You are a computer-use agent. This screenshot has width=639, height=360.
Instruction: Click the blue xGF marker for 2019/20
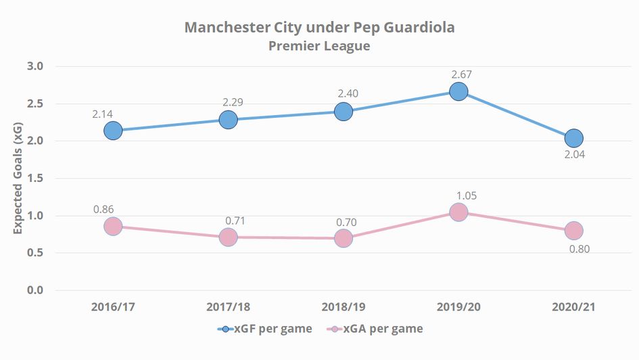[458, 91]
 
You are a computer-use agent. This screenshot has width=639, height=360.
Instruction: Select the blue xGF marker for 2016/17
[113, 131]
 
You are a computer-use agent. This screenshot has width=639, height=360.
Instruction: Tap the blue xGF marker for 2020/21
[573, 138]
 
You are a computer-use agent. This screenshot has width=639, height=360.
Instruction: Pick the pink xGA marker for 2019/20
[458, 212]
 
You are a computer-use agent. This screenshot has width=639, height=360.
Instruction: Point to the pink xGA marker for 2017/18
[228, 237]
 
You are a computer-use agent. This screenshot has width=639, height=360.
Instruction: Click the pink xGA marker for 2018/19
[344, 238]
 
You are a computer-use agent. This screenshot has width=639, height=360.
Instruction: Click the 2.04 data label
[574, 154]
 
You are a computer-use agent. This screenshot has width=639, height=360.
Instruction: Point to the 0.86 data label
[103, 208]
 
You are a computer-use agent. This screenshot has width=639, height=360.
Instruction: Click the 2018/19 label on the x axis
[344, 307]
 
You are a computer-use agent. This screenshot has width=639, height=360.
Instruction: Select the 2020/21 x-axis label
[573, 307]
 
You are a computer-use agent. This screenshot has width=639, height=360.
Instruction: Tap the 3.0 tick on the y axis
[34, 66]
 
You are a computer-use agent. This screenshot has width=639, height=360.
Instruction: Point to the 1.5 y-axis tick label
[34, 179]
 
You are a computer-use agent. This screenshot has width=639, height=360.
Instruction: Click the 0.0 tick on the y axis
[34, 290]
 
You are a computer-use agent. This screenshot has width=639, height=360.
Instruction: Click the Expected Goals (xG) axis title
[18, 179]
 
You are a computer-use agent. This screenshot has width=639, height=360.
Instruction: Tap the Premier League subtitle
[319, 46]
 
